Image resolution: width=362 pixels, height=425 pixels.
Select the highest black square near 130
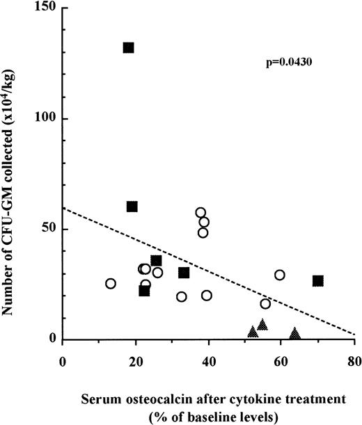[129, 48]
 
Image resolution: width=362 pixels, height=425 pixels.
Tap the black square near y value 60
[132, 207]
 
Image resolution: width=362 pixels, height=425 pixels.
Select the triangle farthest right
[295, 334]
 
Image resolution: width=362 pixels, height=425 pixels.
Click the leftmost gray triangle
[253, 332]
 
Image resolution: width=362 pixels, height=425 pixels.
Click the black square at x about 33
[184, 273]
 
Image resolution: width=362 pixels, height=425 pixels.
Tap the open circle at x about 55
[265, 304]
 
